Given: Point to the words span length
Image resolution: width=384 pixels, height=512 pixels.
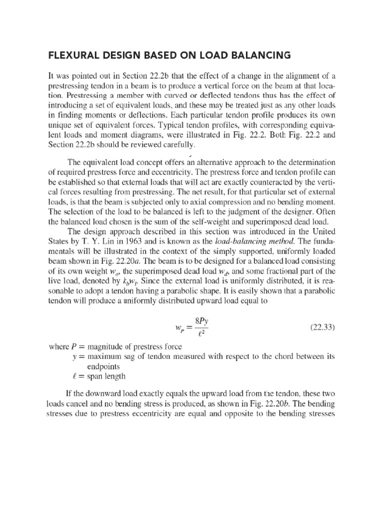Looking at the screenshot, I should [107, 375].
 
